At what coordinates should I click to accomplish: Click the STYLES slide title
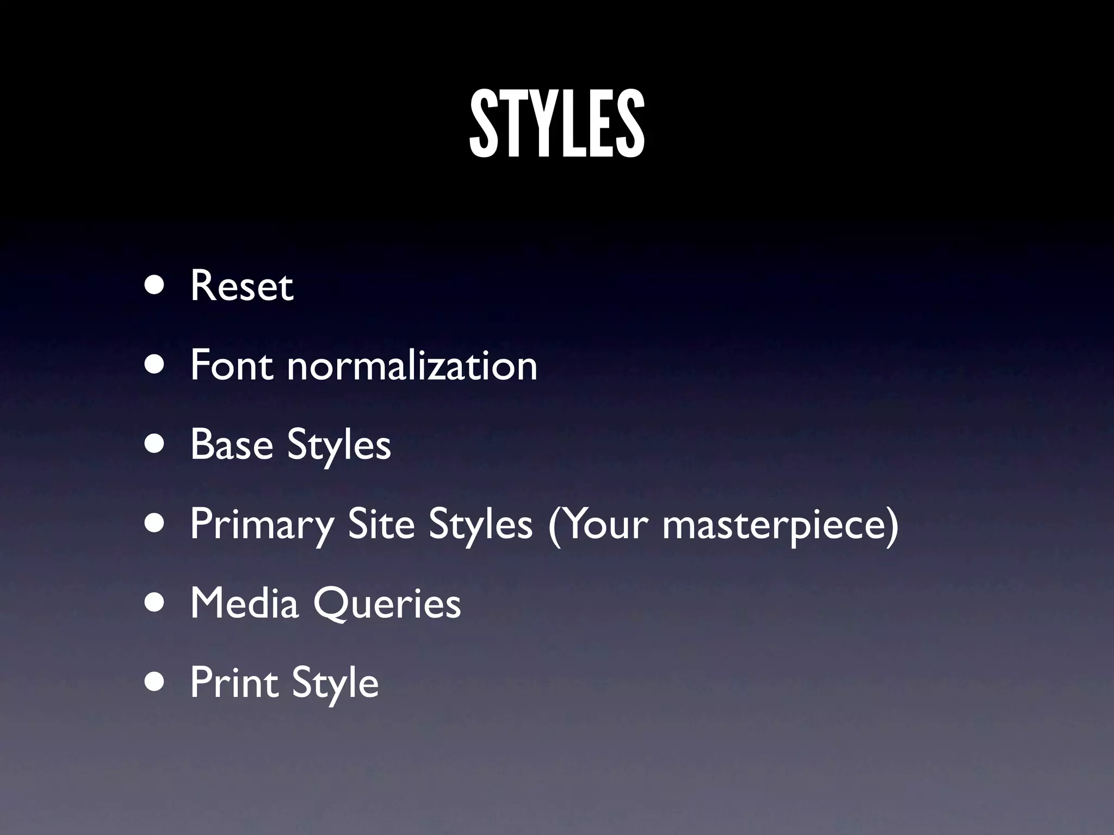[x=557, y=124]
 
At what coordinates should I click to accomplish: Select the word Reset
[x=242, y=286]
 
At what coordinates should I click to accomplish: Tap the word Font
[x=232, y=365]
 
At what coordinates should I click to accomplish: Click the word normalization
[x=412, y=365]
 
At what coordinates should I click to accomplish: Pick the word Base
[x=231, y=444]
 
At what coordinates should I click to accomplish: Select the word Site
[x=381, y=524]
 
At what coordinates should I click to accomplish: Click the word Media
[x=244, y=603]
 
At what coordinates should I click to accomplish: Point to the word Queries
[x=387, y=604]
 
